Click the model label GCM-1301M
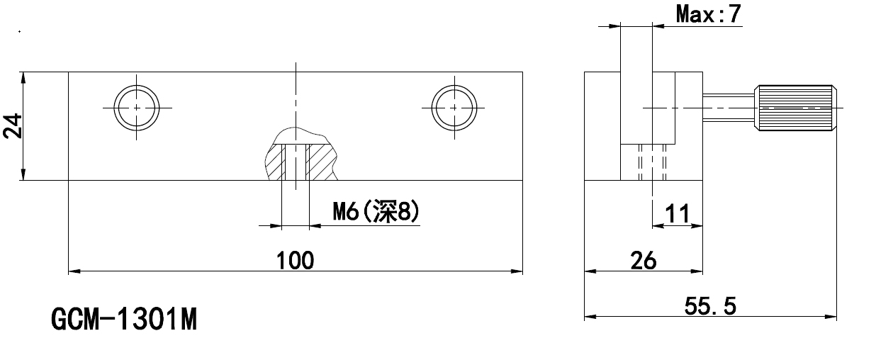(x=124, y=319)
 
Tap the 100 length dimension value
(x=296, y=260)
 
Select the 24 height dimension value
(x=13, y=125)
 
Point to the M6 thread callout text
(x=376, y=211)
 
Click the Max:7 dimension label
(x=709, y=14)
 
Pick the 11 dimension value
(x=678, y=214)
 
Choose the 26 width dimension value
(x=644, y=261)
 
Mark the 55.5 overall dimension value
(x=710, y=306)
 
